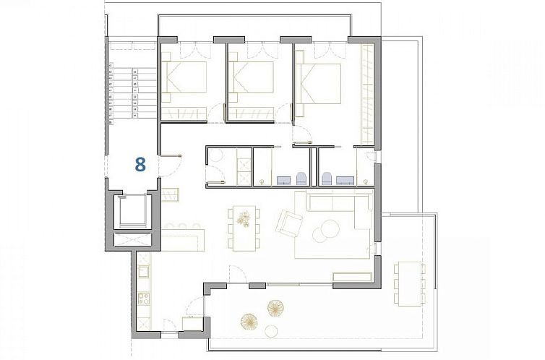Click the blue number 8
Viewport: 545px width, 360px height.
tap(140, 164)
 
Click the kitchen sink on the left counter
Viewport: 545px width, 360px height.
tap(143, 272)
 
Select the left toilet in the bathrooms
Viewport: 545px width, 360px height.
tap(300, 178)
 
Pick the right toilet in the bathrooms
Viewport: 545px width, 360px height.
tap(327, 178)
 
